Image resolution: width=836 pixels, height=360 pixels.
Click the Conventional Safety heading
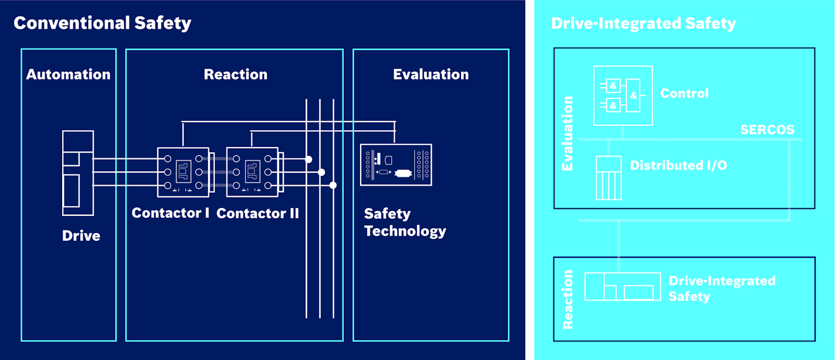pos(102,23)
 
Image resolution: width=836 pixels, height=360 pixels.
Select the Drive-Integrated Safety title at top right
pos(643,23)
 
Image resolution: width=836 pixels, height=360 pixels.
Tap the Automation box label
pos(69,74)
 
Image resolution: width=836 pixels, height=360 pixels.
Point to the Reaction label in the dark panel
pos(235,74)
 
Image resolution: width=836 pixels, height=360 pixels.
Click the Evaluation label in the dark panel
pos(431,74)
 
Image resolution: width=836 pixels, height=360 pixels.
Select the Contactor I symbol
pos(183,171)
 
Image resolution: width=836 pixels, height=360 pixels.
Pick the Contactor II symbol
pos(251,171)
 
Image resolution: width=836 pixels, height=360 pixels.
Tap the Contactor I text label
pos(170,213)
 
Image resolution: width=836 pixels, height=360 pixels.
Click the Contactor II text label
pos(257,213)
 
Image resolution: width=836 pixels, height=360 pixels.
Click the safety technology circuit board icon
pos(395,164)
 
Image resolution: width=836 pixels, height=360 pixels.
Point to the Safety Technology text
pos(405,222)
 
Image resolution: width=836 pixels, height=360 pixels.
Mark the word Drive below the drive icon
pos(81,236)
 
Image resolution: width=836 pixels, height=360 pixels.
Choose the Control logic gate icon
pos(622,96)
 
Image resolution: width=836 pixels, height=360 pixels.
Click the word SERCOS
pos(767,129)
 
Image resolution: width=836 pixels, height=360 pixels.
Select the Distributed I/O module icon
pos(608,178)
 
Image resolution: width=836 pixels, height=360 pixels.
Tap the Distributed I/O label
pos(678,165)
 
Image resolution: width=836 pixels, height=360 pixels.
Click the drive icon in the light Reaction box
pos(622,286)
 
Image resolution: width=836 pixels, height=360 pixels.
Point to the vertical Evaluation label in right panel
pos(568,134)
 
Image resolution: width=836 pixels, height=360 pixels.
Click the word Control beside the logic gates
pos(684,93)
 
